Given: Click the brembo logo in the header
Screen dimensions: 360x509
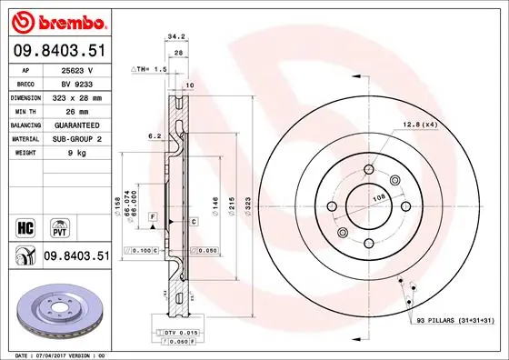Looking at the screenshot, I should (x=56, y=20).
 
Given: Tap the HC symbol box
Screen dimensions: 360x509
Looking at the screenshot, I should (x=25, y=225).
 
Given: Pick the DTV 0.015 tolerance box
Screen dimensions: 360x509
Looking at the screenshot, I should (x=179, y=334).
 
